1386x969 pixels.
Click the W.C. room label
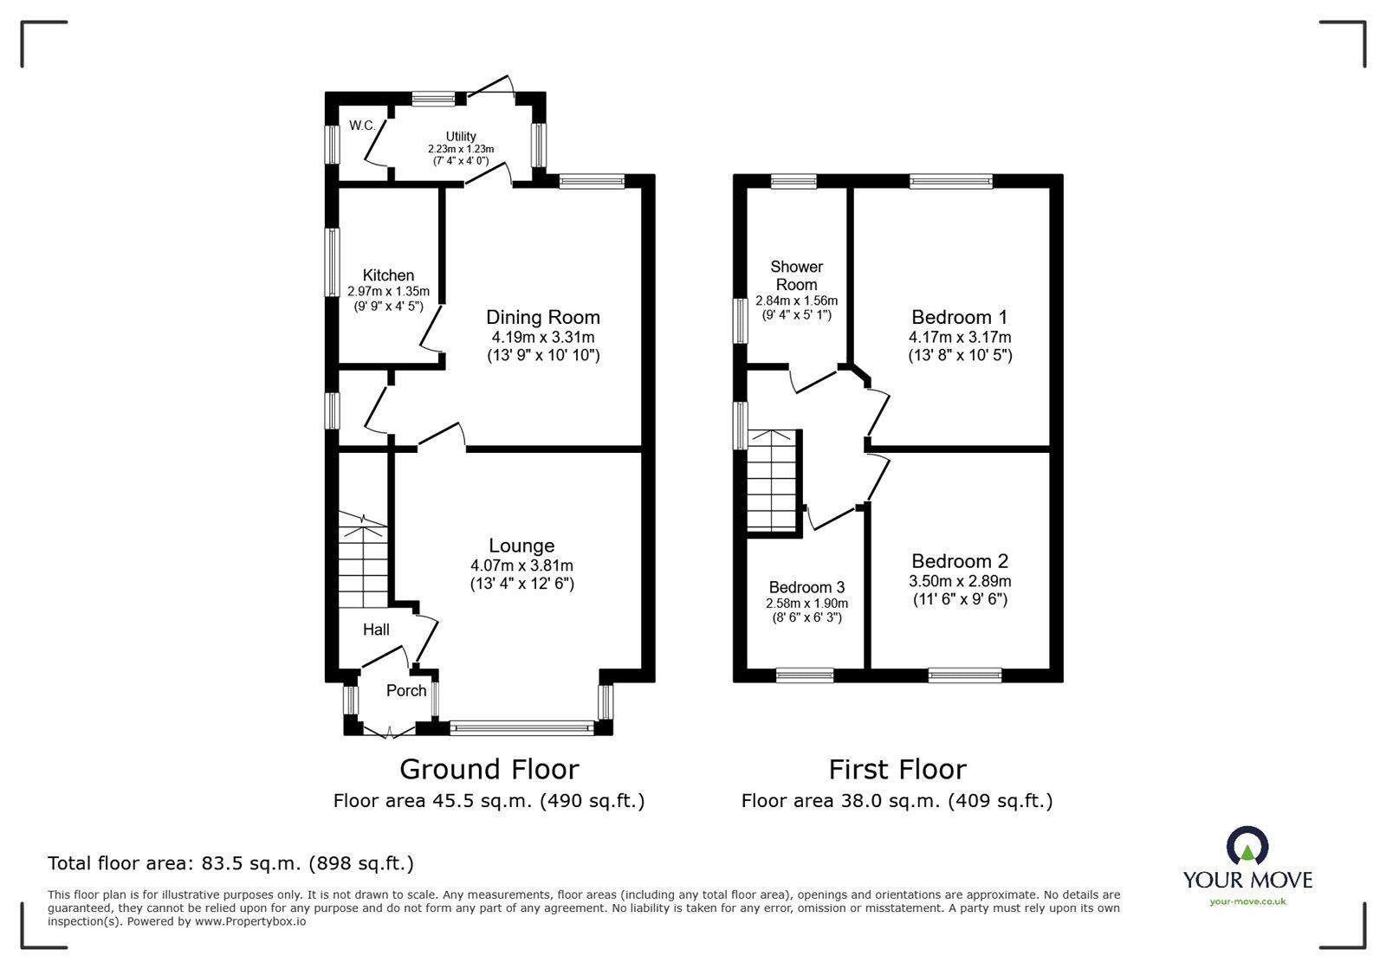[362, 126]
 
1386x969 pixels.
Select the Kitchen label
[388, 275]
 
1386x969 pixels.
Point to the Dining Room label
[542, 317]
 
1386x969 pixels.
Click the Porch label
[406, 690]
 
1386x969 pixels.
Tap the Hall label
[376, 630]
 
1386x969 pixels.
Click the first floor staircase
[771, 481]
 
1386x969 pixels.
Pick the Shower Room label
[796, 275]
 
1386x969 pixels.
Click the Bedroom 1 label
[959, 317]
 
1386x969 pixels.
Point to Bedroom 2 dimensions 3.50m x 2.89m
[960, 581]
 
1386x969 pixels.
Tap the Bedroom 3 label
[806, 587]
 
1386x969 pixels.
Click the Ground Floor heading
[489, 769]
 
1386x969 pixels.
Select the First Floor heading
[897, 769]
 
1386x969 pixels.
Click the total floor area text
[230, 863]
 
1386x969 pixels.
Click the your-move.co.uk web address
[1247, 901]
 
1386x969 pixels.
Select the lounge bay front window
[521, 729]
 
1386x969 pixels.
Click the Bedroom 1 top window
[950, 181]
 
